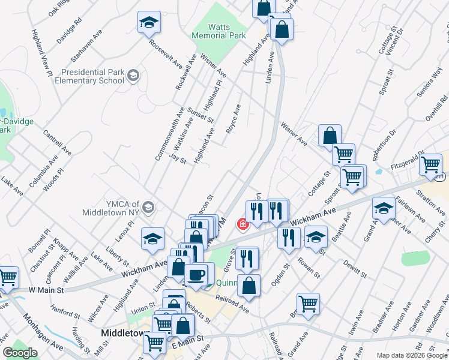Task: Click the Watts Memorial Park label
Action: pyautogui.click(x=218, y=31)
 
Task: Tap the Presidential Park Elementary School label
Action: pyautogui.click(x=92, y=76)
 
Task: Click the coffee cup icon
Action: pyautogui.click(x=196, y=275)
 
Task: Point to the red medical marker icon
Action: pyautogui.click(x=243, y=224)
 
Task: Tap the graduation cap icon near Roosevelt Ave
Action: pyautogui.click(x=148, y=23)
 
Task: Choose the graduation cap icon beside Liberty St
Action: pyautogui.click(x=153, y=239)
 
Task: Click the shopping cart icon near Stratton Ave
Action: pyautogui.click(x=431, y=163)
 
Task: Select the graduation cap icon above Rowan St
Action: pyautogui.click(x=316, y=237)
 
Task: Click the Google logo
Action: pyautogui.click(x=20, y=353)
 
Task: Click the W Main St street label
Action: pyautogui.click(x=46, y=290)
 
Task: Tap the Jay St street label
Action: pyautogui.click(x=178, y=159)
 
